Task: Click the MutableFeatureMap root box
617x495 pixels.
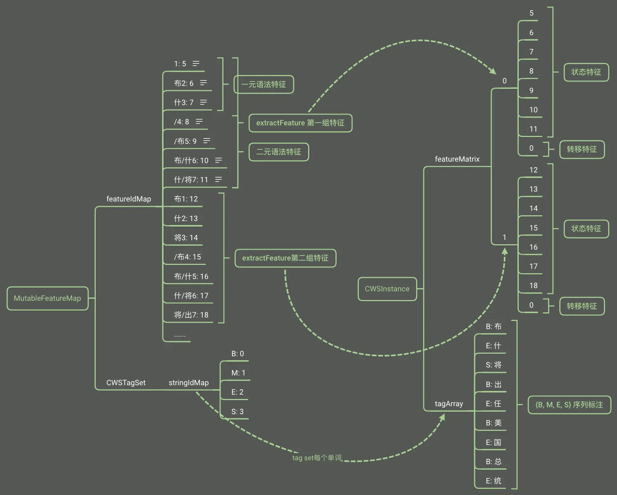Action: [x=47, y=298]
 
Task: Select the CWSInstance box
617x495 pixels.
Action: [x=387, y=289]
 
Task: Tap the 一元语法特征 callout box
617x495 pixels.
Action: [x=264, y=84]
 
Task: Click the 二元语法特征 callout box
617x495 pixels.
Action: [x=278, y=152]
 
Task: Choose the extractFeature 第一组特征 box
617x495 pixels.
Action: [x=300, y=123]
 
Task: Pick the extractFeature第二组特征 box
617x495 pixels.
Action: [x=285, y=258]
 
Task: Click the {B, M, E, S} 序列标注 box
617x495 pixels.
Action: [x=569, y=405]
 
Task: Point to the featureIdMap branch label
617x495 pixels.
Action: [x=129, y=199]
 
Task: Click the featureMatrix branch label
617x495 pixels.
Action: [x=457, y=159]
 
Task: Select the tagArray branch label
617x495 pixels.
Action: [x=449, y=404]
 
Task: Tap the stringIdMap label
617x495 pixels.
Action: [x=189, y=383]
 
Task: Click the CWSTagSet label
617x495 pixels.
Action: [x=126, y=383]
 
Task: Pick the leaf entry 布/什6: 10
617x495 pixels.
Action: [x=191, y=161]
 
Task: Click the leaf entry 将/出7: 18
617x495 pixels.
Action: [x=191, y=315]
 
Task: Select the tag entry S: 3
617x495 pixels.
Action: [x=237, y=412]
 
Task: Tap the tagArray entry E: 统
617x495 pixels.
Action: [x=493, y=481]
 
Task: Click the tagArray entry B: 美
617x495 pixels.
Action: [x=493, y=423]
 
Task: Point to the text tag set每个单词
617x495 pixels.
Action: [x=317, y=458]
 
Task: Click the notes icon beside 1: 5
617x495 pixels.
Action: [x=196, y=64]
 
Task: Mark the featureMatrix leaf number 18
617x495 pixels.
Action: [x=533, y=286]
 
